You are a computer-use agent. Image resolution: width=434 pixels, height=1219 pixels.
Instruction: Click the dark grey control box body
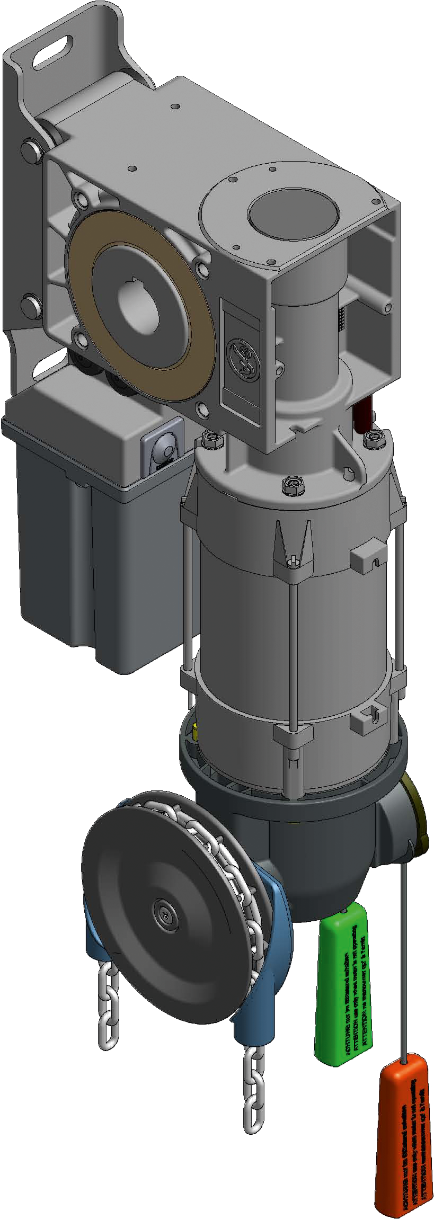[x=90, y=562]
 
